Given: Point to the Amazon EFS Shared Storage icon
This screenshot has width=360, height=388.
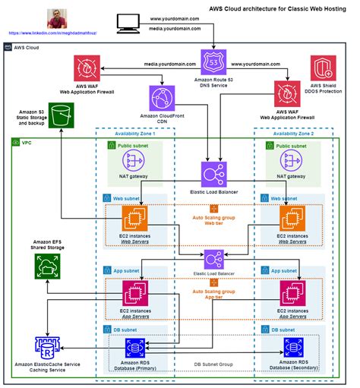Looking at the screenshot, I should pos(48,265).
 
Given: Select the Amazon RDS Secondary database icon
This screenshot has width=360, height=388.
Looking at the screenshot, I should pos(293,348).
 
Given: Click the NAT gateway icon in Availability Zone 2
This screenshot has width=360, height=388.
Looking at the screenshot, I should pos(292,160).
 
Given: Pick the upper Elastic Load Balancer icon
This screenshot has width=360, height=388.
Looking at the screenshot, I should pos(213,173).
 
